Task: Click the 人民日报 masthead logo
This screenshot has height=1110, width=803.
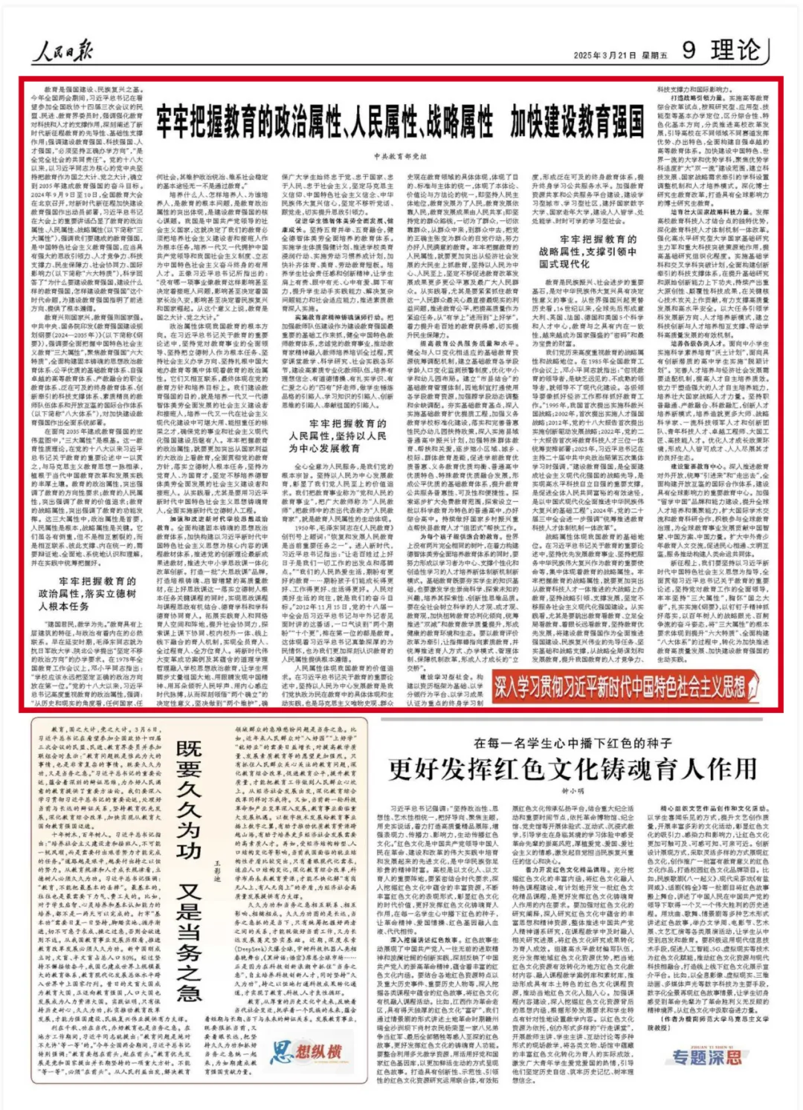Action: pos(62,51)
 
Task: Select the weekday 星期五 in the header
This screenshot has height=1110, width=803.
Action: pos(654,55)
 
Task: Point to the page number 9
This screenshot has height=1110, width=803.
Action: pos(688,50)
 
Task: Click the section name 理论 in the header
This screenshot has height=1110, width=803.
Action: pos(735,50)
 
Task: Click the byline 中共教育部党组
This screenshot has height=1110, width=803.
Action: pos(400,157)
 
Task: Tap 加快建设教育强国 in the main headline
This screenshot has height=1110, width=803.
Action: pos(577,122)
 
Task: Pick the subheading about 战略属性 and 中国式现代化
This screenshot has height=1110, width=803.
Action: pos(587,251)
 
